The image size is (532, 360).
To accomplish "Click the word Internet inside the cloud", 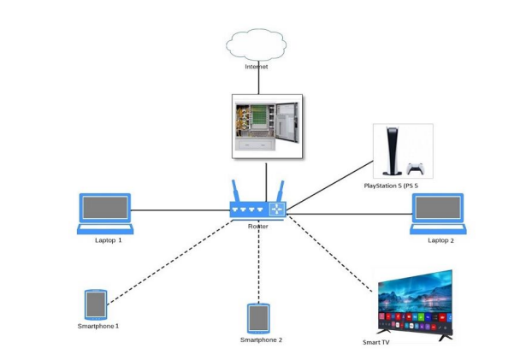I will click(257, 66).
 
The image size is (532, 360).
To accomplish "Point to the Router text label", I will click(258, 226).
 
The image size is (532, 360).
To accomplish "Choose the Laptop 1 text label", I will click(109, 240).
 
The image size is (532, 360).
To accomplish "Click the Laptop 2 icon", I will click(439, 212).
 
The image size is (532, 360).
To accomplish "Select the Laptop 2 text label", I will click(441, 240).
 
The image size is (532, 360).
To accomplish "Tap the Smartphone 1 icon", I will click(96, 304).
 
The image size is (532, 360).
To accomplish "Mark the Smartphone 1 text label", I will click(98, 326).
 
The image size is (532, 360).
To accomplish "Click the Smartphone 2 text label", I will click(261, 339).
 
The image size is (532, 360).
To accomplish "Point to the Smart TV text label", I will click(376, 342).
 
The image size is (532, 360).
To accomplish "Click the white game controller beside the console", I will click(416, 168).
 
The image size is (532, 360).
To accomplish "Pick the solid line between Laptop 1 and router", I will click(180, 209).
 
